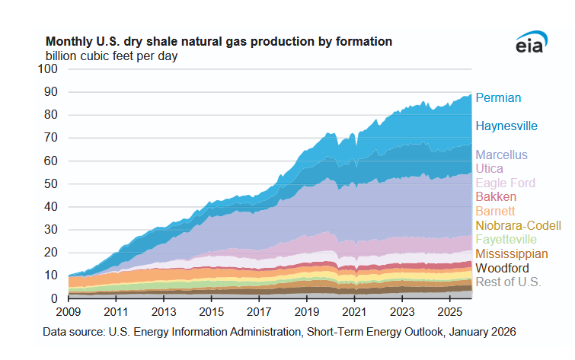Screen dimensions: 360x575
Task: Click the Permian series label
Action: tap(498, 97)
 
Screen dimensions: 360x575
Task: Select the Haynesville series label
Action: tap(506, 126)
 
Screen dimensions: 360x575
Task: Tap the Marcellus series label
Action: tap(501, 155)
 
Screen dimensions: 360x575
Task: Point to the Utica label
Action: tap(489, 169)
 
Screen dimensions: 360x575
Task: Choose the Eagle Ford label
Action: tap(505, 183)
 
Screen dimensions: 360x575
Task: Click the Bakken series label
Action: tap(495, 197)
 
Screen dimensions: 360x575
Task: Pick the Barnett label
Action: tap(495, 211)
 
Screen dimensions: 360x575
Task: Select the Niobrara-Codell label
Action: tap(519, 225)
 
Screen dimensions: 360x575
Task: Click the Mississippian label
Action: tap(511, 253)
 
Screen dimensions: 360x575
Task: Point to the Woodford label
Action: tap(503, 268)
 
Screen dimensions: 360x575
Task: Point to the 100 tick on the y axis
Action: tap(49, 68)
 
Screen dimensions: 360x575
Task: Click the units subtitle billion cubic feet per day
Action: tap(111, 56)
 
